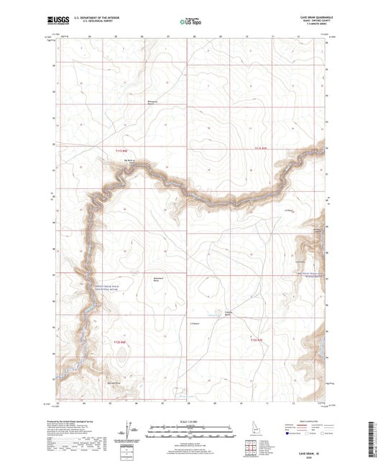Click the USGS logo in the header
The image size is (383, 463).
click(x=57, y=21)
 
